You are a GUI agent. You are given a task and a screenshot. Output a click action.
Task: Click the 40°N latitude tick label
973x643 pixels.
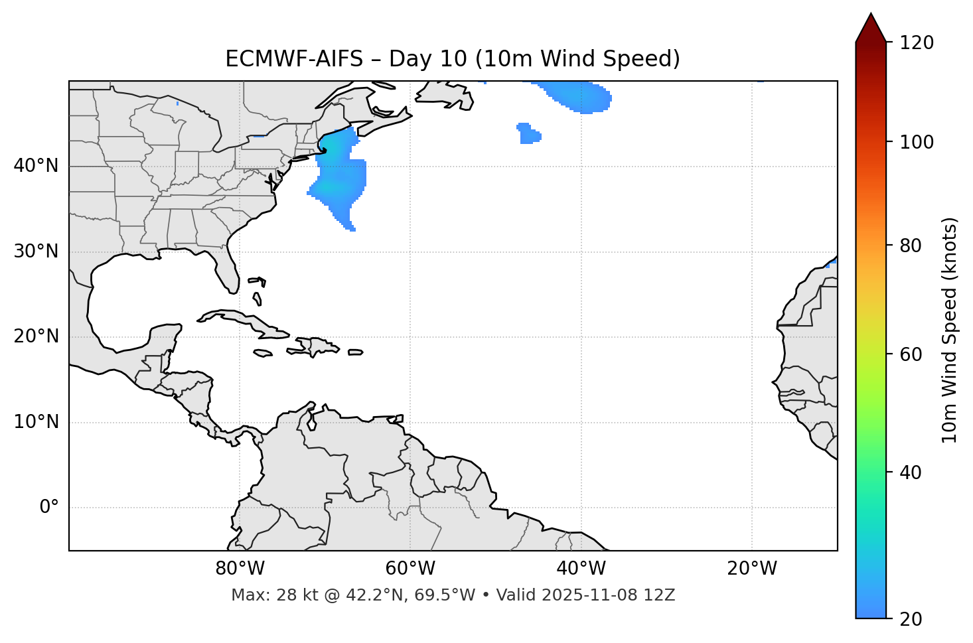36,166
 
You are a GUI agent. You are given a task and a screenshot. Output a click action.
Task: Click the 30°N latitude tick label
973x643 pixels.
36,251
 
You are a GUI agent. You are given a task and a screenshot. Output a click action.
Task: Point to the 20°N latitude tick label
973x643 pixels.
36,336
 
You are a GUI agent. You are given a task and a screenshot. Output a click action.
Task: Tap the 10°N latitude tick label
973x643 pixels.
36,422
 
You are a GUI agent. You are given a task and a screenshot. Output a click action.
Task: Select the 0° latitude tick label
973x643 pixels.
49,508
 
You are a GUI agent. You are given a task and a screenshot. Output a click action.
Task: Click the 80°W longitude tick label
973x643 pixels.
240,569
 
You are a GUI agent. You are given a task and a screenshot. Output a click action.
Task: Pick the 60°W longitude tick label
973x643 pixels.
410,569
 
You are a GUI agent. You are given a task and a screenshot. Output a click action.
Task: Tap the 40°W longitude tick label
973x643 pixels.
581,569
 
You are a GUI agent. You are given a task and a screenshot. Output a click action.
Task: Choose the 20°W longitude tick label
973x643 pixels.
751,569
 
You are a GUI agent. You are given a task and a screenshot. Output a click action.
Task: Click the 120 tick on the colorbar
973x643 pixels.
917,42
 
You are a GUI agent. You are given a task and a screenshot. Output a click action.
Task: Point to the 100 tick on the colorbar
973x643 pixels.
917,142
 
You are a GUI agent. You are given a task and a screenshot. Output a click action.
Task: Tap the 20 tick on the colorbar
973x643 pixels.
911,619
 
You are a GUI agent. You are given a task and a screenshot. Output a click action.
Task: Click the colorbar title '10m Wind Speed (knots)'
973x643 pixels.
950,330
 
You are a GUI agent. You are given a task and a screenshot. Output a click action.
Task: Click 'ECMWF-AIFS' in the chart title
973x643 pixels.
294,59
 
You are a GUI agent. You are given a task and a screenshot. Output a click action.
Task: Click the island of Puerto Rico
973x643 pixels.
356,352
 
